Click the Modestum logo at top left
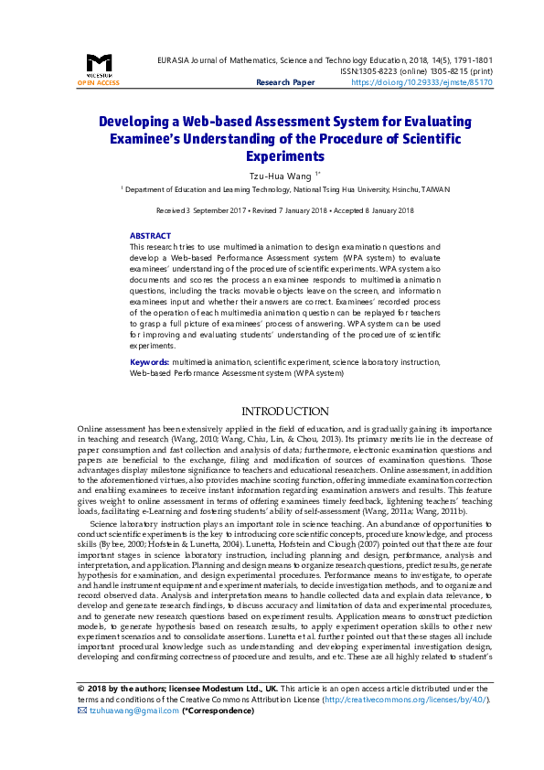[x=98, y=64]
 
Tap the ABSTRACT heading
[x=150, y=236]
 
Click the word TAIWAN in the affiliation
[x=434, y=189]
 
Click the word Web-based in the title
[x=183, y=121]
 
